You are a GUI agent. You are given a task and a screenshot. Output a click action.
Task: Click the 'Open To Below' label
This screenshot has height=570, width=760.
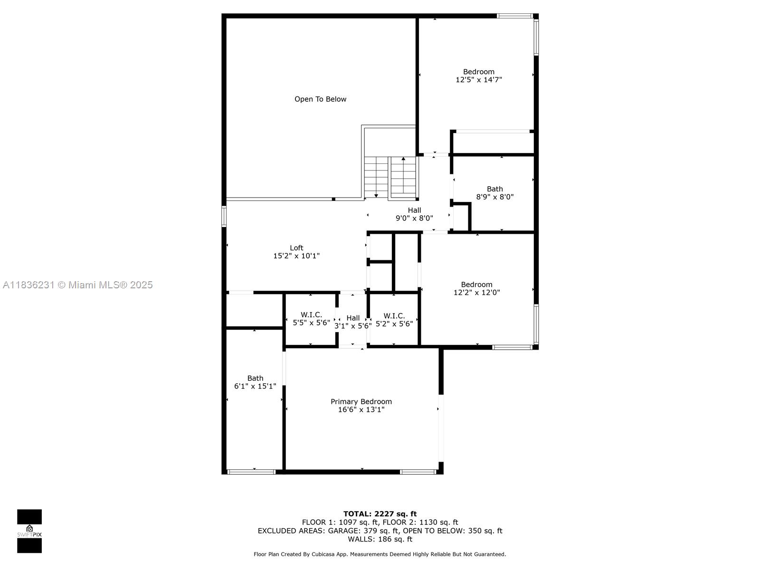[320, 99]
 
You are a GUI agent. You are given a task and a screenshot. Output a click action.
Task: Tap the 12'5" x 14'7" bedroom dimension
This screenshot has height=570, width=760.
[478, 80]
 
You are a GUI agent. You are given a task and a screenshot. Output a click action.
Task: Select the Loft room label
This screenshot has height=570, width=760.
[296, 248]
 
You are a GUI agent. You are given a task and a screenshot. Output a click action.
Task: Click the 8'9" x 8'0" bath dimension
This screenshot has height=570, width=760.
[494, 197]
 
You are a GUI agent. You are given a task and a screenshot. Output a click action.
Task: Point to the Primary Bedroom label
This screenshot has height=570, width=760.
[361, 402]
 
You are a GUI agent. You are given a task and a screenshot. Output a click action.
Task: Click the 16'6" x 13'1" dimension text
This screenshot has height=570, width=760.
[361, 409]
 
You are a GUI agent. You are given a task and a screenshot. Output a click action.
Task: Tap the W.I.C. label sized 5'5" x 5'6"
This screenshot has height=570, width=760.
[311, 315]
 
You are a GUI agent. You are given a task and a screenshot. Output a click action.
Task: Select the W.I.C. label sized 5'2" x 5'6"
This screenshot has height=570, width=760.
[394, 316]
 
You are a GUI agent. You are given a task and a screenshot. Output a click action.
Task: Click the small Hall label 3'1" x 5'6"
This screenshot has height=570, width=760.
[353, 318]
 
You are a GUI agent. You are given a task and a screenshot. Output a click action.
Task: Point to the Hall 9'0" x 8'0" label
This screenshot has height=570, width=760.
[414, 210]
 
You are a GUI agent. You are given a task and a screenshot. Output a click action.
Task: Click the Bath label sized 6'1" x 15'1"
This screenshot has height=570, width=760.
[255, 379]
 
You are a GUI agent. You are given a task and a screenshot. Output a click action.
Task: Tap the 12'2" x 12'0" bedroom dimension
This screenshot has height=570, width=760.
[476, 293]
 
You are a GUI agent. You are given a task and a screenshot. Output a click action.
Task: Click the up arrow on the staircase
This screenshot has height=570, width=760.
[403, 159]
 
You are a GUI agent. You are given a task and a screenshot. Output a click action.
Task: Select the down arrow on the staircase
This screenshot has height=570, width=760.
[376, 195]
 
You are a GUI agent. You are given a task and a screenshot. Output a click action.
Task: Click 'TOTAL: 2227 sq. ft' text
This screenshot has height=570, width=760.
[380, 514]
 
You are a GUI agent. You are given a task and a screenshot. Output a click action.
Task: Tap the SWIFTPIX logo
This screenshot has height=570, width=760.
[29, 531]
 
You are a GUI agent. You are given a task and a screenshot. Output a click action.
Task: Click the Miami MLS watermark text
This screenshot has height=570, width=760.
[77, 285]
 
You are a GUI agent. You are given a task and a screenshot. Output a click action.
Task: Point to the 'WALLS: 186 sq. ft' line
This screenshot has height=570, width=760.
[380, 539]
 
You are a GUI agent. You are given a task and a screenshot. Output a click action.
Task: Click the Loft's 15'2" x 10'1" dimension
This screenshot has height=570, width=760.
[296, 256]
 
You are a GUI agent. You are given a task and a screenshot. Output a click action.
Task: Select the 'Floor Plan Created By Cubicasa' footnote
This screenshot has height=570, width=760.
[380, 554]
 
